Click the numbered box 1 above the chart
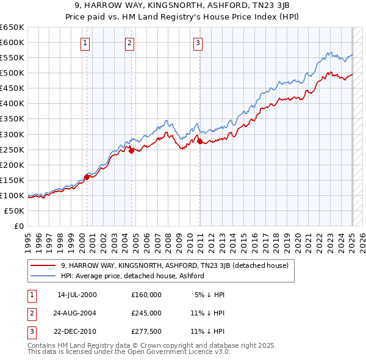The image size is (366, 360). (x=85, y=43)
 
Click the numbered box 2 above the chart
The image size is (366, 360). (x=131, y=43)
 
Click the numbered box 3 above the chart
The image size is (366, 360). (x=199, y=43)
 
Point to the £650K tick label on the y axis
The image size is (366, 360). (x=12, y=27)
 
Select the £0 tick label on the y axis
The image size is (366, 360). (x=18, y=226)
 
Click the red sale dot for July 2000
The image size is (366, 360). (x=87, y=177)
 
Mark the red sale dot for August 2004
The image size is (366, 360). (x=131, y=151)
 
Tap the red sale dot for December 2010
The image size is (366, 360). (x=200, y=141)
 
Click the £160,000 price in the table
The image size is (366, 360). (x=146, y=295)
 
